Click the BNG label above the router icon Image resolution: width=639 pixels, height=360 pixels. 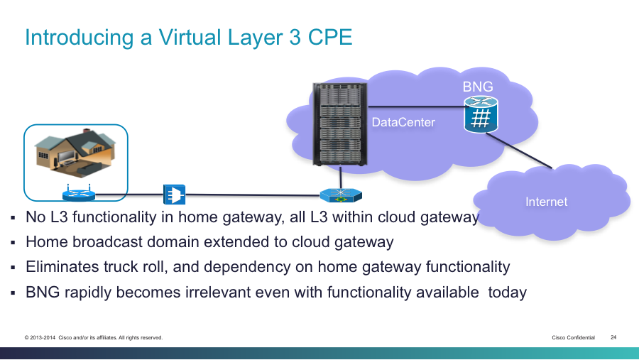coord(478,87)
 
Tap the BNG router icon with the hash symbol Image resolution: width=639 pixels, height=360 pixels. coord(481,114)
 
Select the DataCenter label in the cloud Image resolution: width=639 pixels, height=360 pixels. coord(403,122)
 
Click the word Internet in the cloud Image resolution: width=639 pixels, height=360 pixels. coord(546,202)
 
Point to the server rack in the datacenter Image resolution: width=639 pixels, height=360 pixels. coord(340,124)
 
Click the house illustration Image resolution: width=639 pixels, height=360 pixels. coord(75,153)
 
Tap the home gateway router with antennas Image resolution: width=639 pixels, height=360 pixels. coord(79,193)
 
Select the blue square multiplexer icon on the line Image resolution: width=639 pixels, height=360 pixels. coord(175,195)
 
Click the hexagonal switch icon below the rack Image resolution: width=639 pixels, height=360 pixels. coord(341,195)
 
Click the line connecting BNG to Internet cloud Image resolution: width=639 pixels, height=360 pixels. coord(519,151)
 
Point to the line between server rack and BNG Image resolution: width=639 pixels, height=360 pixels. coord(416,107)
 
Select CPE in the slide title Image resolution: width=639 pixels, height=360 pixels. coord(329,38)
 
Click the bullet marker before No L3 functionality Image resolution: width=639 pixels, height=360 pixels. coord(13,218)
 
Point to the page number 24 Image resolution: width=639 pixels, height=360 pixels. coord(613,337)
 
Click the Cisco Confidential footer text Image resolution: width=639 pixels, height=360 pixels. coord(574,337)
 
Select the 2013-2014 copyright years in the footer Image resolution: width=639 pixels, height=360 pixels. coord(43,337)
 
